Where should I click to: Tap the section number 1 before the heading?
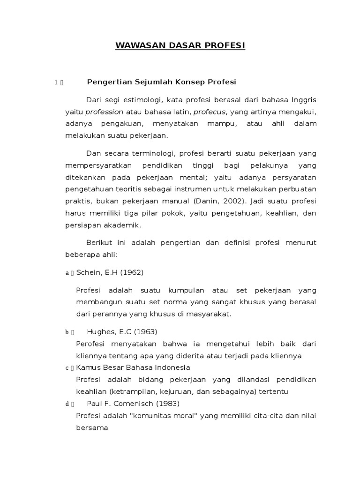[56, 82]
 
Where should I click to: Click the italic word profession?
[105, 112]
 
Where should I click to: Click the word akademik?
[123, 225]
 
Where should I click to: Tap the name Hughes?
[99, 332]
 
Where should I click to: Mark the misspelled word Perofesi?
[91, 344]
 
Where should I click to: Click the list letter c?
[67, 368]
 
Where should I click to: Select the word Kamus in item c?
[86, 367]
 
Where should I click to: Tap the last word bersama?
[92, 427]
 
